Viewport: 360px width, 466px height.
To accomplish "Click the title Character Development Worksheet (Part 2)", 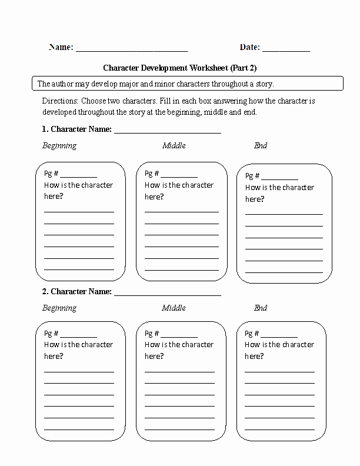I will pyautogui.click(x=180, y=68).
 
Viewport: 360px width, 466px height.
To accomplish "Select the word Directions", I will pyautogui.click(x=59, y=101).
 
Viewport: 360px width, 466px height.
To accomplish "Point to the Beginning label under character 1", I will pyautogui.click(x=59, y=146).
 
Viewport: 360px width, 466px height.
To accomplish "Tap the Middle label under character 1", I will pyautogui.click(x=174, y=146).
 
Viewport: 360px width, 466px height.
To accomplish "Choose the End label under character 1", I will pyautogui.click(x=261, y=146).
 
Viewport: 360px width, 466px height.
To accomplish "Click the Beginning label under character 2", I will pyautogui.click(x=59, y=308).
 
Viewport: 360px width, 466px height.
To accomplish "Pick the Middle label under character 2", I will pyautogui.click(x=174, y=308).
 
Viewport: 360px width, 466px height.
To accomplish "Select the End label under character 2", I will pyautogui.click(x=261, y=308).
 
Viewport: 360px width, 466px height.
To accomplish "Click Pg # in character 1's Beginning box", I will pyautogui.click(x=51, y=174).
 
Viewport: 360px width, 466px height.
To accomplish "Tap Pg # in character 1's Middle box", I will pyautogui.click(x=151, y=174).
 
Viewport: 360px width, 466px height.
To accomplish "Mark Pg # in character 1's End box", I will pyautogui.click(x=252, y=176).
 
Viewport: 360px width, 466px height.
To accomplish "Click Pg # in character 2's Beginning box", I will pyautogui.click(x=51, y=334).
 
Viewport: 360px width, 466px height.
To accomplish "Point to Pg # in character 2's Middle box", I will pyautogui.click(x=151, y=334).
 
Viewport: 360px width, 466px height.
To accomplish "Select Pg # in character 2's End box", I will pyautogui.click(x=252, y=334).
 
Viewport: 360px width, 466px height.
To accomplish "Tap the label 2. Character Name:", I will pyautogui.click(x=77, y=292).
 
